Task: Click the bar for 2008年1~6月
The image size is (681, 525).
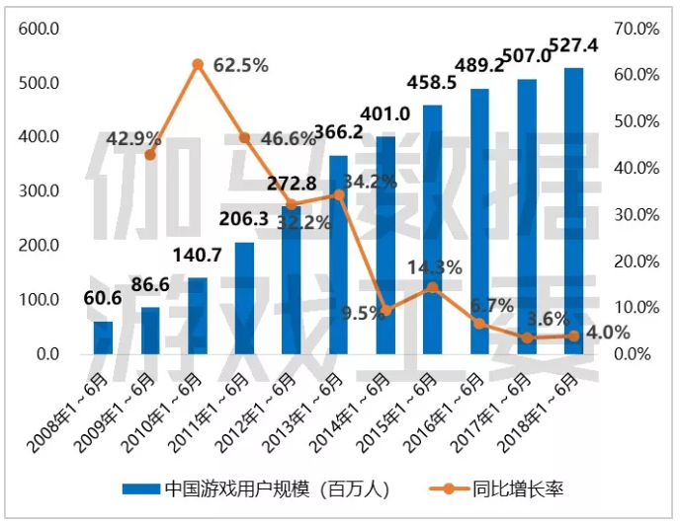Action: (103, 337)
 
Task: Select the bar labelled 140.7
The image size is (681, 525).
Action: (197, 316)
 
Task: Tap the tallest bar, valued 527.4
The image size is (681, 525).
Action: (573, 211)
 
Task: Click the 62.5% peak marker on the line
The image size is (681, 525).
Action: (198, 64)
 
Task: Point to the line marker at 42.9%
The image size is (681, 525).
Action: (150, 155)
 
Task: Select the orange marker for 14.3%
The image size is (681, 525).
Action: (432, 287)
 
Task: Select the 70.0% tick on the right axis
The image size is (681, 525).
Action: (637, 29)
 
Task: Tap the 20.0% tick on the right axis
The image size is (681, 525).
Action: (637, 262)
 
